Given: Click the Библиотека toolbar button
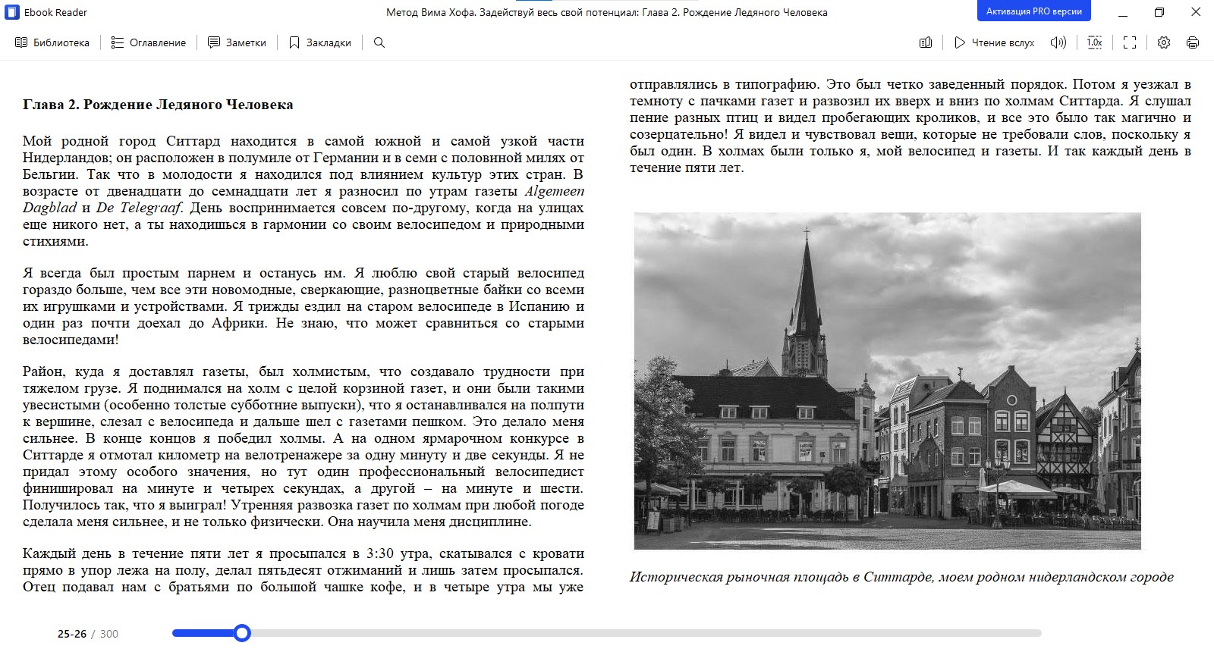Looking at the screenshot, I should coord(52,42).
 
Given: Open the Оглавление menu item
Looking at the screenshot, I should coord(149,42).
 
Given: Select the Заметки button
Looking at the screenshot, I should coord(237,42).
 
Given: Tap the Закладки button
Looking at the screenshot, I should coord(320,42).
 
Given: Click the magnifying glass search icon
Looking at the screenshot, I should coord(379,42).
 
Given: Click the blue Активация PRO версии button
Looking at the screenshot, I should coord(1033,11).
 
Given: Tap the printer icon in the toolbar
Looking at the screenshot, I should coord(1193,42).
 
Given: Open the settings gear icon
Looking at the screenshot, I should coord(1164,42).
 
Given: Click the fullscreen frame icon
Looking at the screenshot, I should coord(1130,42).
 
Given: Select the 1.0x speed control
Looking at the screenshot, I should coord(1094,42).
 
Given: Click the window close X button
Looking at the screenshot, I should coord(1196,12).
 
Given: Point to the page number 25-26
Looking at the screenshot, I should coord(72,634).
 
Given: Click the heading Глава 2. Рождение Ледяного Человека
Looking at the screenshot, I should coord(158,105).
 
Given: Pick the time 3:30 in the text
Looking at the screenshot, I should coord(380,553).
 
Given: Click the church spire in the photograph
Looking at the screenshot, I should coord(805,281).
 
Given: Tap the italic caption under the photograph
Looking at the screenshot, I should coord(901,577).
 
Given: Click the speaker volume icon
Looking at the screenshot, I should coord(1058,42).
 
